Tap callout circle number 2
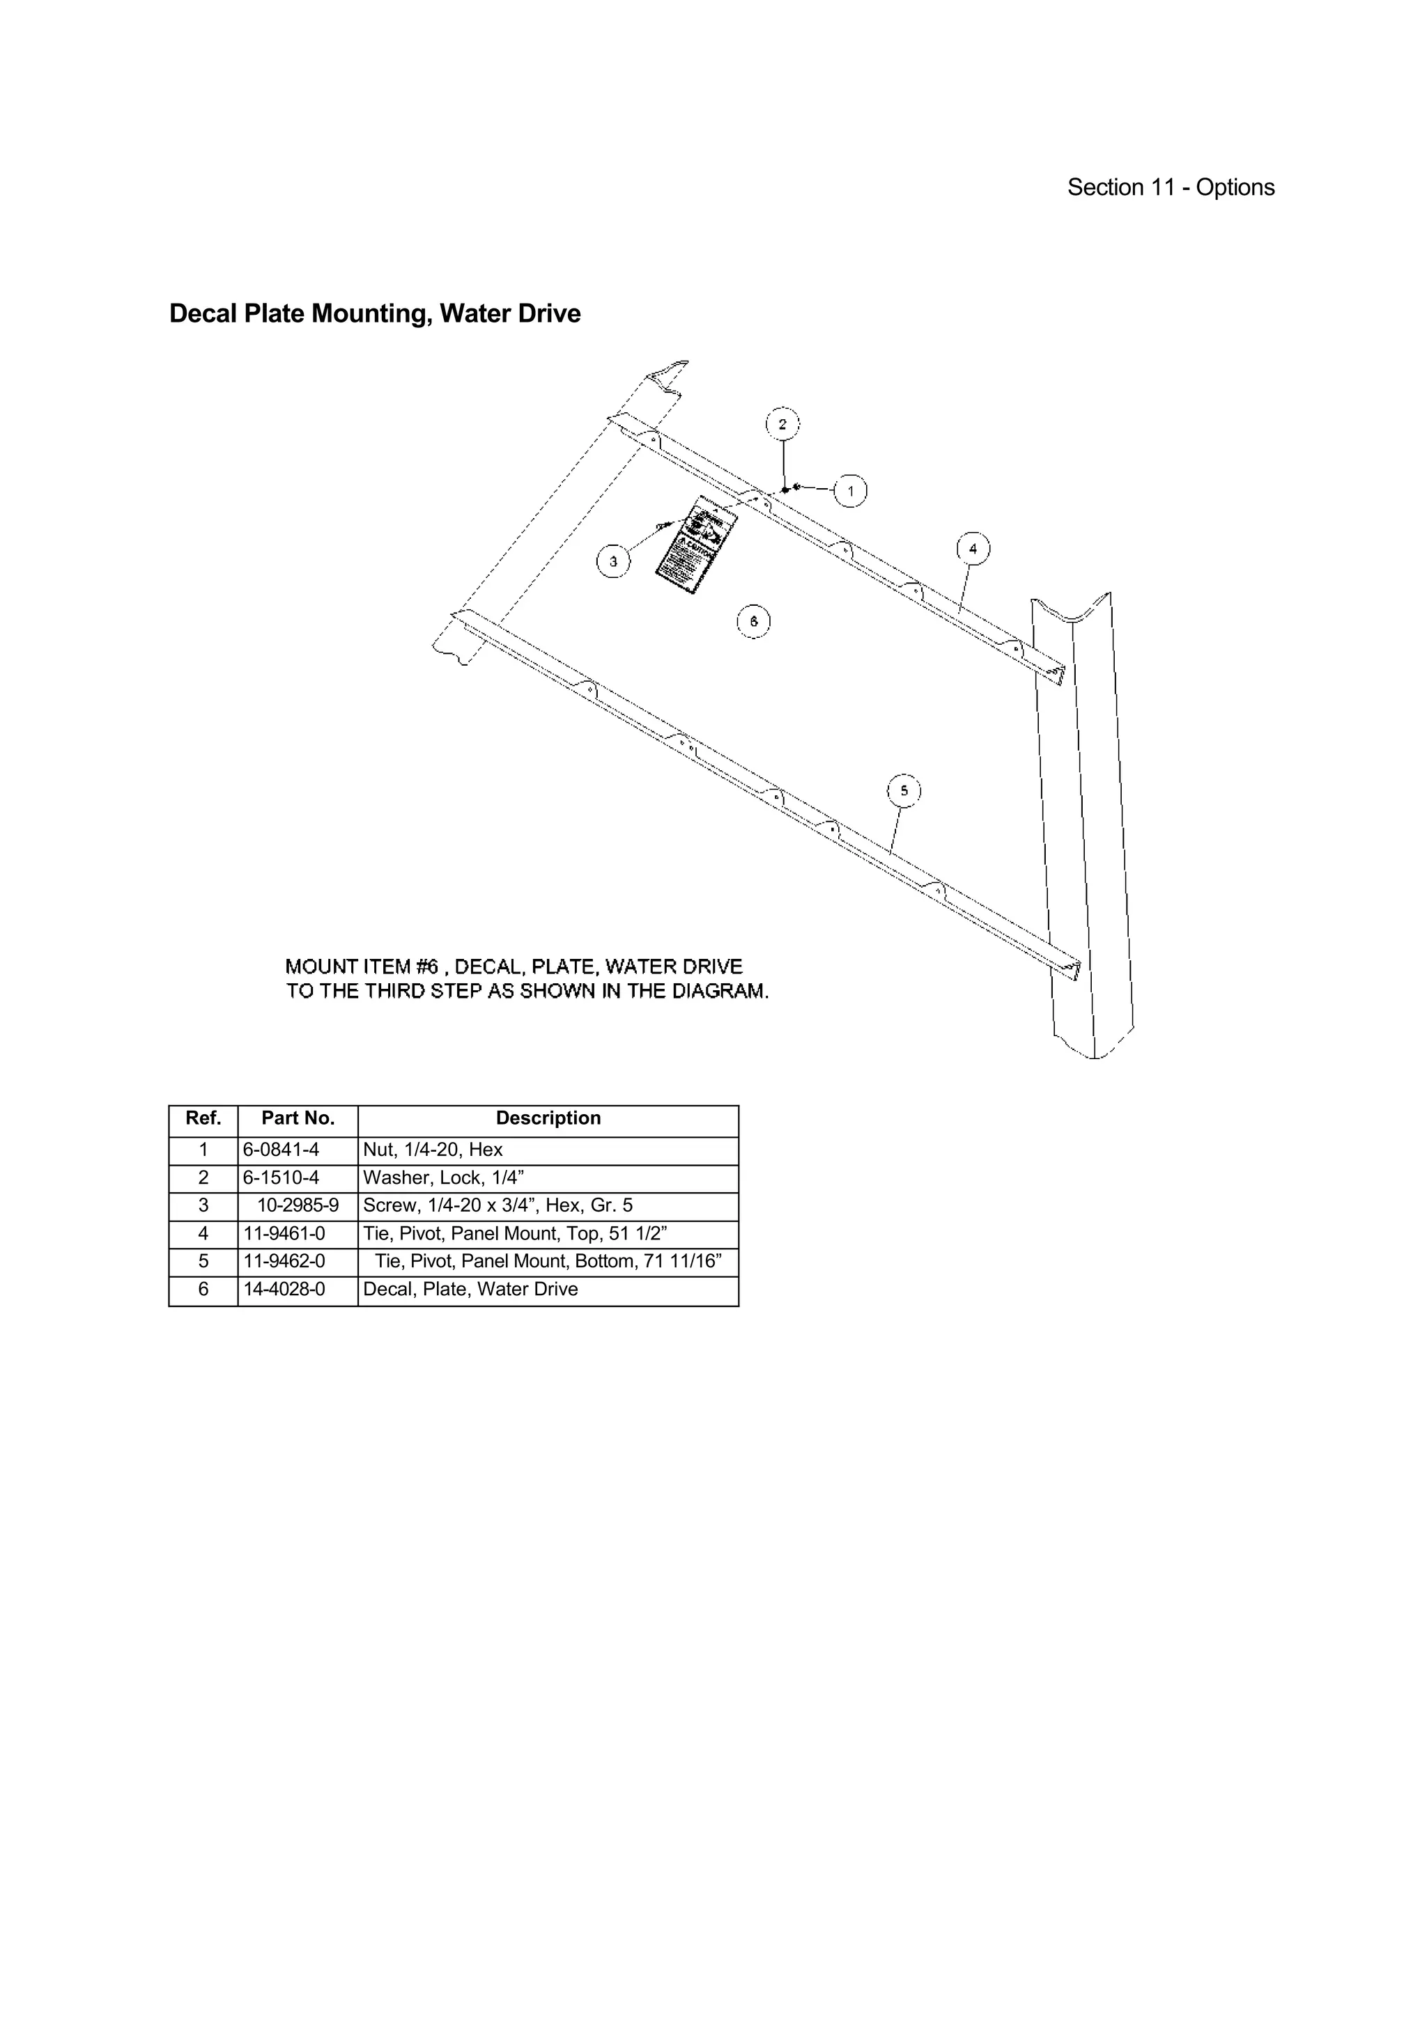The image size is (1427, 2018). [x=782, y=425]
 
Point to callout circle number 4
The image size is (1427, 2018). [x=973, y=549]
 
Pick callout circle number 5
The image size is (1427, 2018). [x=904, y=791]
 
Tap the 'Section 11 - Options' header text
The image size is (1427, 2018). [x=1171, y=187]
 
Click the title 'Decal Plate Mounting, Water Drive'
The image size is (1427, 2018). [x=375, y=314]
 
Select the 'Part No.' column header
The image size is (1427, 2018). [x=298, y=1118]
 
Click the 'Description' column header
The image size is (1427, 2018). [x=548, y=1118]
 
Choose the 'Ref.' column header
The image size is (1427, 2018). [x=203, y=1118]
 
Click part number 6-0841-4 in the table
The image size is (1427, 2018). [x=281, y=1150]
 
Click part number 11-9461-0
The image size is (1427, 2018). [x=284, y=1233]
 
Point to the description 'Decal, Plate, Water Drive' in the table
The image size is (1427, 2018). [x=470, y=1290]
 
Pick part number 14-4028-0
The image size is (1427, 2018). [x=284, y=1290]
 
